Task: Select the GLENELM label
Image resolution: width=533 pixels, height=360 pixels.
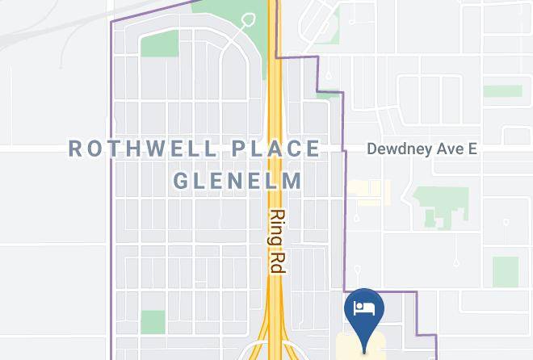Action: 238,180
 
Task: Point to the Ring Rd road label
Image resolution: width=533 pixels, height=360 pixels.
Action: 277,241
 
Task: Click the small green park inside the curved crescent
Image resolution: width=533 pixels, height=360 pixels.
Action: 159,44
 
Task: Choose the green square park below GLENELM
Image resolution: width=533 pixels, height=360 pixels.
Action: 153,321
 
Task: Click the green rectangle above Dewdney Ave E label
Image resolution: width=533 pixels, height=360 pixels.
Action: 502,90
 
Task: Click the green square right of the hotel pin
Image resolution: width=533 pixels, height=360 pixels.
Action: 505,272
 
